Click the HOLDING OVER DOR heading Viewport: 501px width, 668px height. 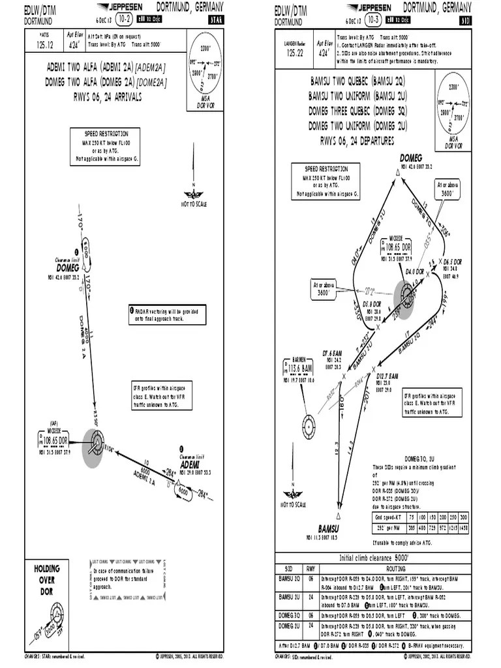click(x=48, y=579)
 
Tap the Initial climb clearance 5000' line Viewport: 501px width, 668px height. click(x=369, y=558)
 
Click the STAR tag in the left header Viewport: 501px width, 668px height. click(x=214, y=20)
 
